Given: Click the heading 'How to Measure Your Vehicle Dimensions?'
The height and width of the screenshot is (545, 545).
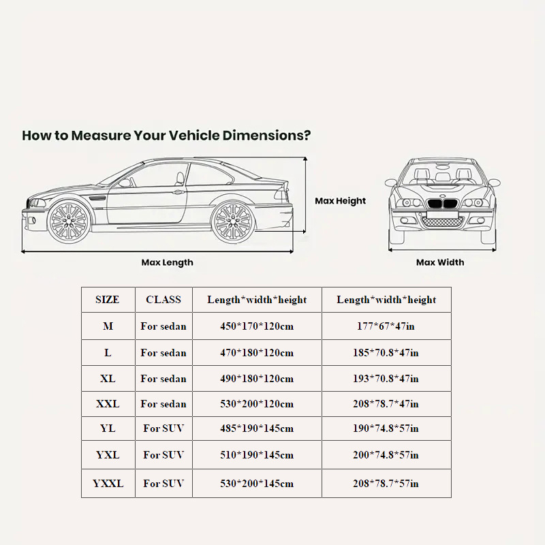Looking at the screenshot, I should point(166,135).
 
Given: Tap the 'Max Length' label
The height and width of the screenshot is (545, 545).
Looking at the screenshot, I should point(167,262).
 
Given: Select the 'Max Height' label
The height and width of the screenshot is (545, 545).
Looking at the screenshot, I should point(340,201).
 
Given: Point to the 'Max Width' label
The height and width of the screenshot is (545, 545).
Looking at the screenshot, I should point(440,262).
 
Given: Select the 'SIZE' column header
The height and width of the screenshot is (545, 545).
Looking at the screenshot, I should point(108,300).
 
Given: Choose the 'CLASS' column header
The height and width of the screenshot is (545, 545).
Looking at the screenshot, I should point(163,300).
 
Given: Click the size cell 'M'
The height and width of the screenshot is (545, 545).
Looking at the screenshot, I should point(108,326).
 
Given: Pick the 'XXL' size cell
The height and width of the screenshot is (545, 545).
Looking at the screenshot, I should point(108,404).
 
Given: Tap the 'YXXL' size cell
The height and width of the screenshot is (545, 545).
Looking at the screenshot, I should point(108,484).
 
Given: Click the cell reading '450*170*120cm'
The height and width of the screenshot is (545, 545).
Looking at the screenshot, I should point(256,326).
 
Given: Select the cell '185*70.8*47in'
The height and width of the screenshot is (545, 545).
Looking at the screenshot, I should point(386,353).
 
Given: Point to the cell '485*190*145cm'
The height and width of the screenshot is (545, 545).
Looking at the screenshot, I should point(256,429).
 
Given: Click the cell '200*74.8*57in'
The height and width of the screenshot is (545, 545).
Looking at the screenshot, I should point(386,455).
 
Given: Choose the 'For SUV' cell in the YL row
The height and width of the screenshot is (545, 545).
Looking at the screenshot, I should point(163,429).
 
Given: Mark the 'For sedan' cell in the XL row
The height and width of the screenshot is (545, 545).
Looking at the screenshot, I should point(163,379).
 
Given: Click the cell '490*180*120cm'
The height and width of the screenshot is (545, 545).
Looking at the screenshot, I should point(256,379).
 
